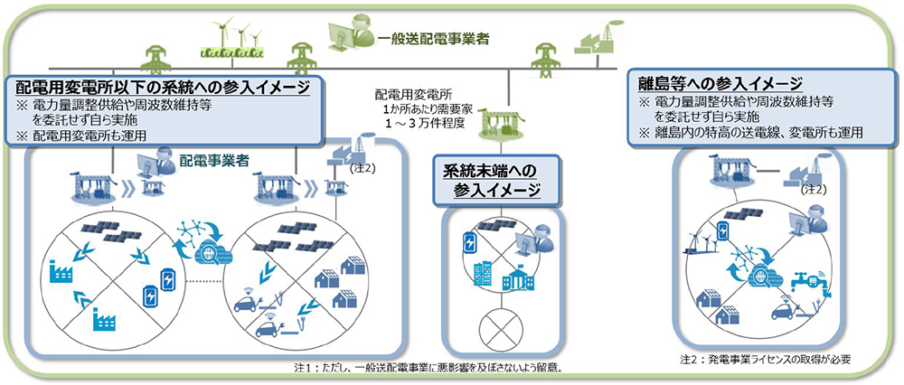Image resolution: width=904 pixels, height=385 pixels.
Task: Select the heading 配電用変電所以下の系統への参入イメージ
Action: [163, 88]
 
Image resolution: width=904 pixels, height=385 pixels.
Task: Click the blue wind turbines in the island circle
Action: [702, 240]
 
